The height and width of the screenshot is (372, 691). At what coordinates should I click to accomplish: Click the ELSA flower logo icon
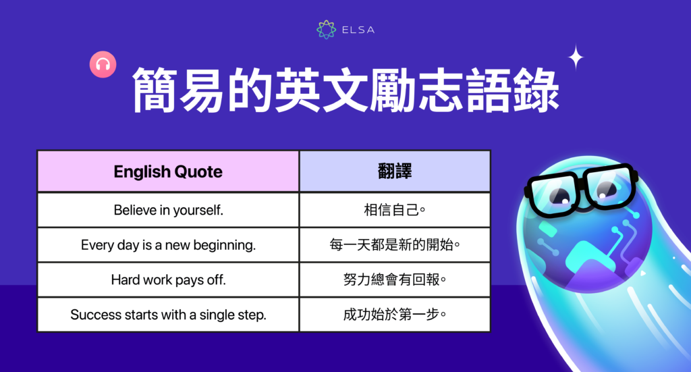click(x=326, y=29)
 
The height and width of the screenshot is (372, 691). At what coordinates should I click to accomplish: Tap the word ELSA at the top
click(x=358, y=30)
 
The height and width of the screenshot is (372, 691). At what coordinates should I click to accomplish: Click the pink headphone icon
click(x=103, y=65)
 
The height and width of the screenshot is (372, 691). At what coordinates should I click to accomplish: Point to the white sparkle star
click(x=576, y=57)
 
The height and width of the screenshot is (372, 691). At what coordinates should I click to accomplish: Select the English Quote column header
click(x=168, y=171)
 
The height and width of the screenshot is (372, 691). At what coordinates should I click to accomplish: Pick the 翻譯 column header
click(x=395, y=171)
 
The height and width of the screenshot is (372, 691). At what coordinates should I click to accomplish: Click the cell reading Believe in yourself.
click(x=168, y=210)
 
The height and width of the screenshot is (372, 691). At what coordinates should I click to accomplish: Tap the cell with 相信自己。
click(x=395, y=210)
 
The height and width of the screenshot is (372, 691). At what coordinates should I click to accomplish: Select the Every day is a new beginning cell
click(x=168, y=245)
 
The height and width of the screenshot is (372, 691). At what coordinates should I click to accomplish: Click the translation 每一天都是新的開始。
click(x=395, y=245)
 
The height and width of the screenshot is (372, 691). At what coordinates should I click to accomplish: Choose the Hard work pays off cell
click(x=168, y=280)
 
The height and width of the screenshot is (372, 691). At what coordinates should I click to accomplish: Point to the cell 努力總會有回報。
click(x=395, y=280)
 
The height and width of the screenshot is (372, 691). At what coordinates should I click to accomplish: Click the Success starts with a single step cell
click(x=168, y=315)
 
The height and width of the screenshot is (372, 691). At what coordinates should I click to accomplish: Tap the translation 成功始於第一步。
click(x=395, y=315)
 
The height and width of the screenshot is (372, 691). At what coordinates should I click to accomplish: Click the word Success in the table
click(x=94, y=315)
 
